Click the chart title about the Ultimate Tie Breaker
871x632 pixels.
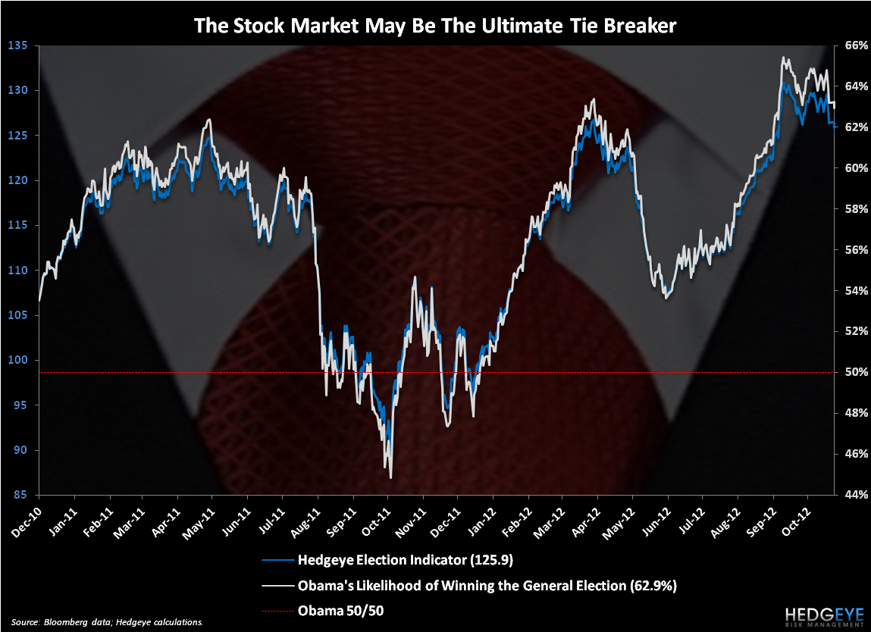(435, 24)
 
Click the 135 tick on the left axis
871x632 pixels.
(17, 45)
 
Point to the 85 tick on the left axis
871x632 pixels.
(20, 495)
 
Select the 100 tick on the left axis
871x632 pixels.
(17, 360)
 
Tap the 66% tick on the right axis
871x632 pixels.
(851, 45)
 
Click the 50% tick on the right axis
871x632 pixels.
(851, 372)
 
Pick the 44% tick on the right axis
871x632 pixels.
(851, 495)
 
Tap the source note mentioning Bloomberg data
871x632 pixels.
(107, 621)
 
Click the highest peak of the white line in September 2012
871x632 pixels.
(783, 58)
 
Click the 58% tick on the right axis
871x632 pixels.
(851, 208)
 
